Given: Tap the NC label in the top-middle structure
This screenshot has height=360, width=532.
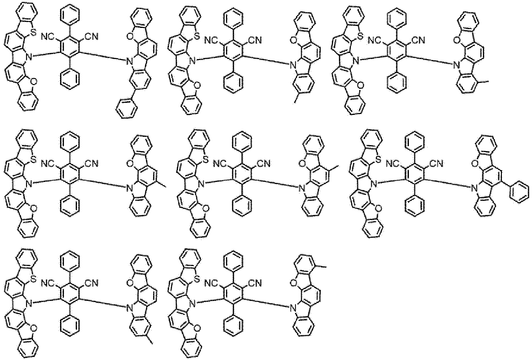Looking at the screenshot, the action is click(x=211, y=40).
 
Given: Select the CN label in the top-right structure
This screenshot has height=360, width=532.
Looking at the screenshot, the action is click(x=418, y=40).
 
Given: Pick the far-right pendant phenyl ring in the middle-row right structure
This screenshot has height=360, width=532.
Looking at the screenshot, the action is click(x=520, y=192).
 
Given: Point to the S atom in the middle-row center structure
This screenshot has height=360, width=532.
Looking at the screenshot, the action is click(x=206, y=160).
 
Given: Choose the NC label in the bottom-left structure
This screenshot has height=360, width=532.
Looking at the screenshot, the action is click(x=48, y=283).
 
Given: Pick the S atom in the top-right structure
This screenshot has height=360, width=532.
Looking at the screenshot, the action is click(x=360, y=37).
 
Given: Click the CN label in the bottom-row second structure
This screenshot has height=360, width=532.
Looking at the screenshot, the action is click(x=255, y=283).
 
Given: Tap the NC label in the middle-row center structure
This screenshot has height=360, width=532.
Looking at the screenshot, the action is click(x=220, y=163).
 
